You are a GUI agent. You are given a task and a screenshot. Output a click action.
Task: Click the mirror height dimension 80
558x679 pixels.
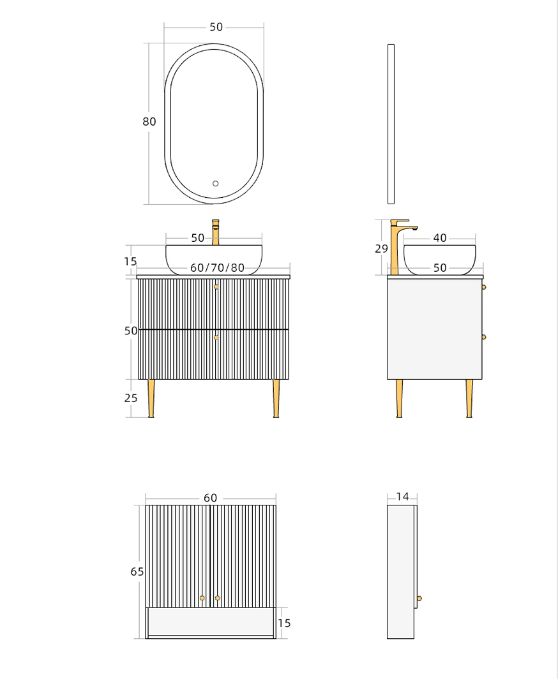[149, 122]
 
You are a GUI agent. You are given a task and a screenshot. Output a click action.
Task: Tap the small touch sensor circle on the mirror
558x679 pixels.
[215, 184]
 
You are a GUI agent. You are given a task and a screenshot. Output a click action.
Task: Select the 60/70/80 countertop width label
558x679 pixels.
[218, 267]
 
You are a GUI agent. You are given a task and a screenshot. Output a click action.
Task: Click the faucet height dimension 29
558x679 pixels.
[381, 249]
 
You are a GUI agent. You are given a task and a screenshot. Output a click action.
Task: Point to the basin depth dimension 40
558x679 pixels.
[440, 238]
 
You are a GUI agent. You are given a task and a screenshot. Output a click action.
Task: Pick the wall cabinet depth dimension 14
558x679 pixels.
[402, 496]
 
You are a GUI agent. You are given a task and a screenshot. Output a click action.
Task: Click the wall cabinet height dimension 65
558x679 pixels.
[137, 572]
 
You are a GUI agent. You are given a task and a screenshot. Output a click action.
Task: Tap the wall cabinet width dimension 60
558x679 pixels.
[210, 498]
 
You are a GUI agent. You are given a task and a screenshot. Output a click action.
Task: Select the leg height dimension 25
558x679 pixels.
[131, 398]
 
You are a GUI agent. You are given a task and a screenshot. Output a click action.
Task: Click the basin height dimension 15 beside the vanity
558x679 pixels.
[130, 262]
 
